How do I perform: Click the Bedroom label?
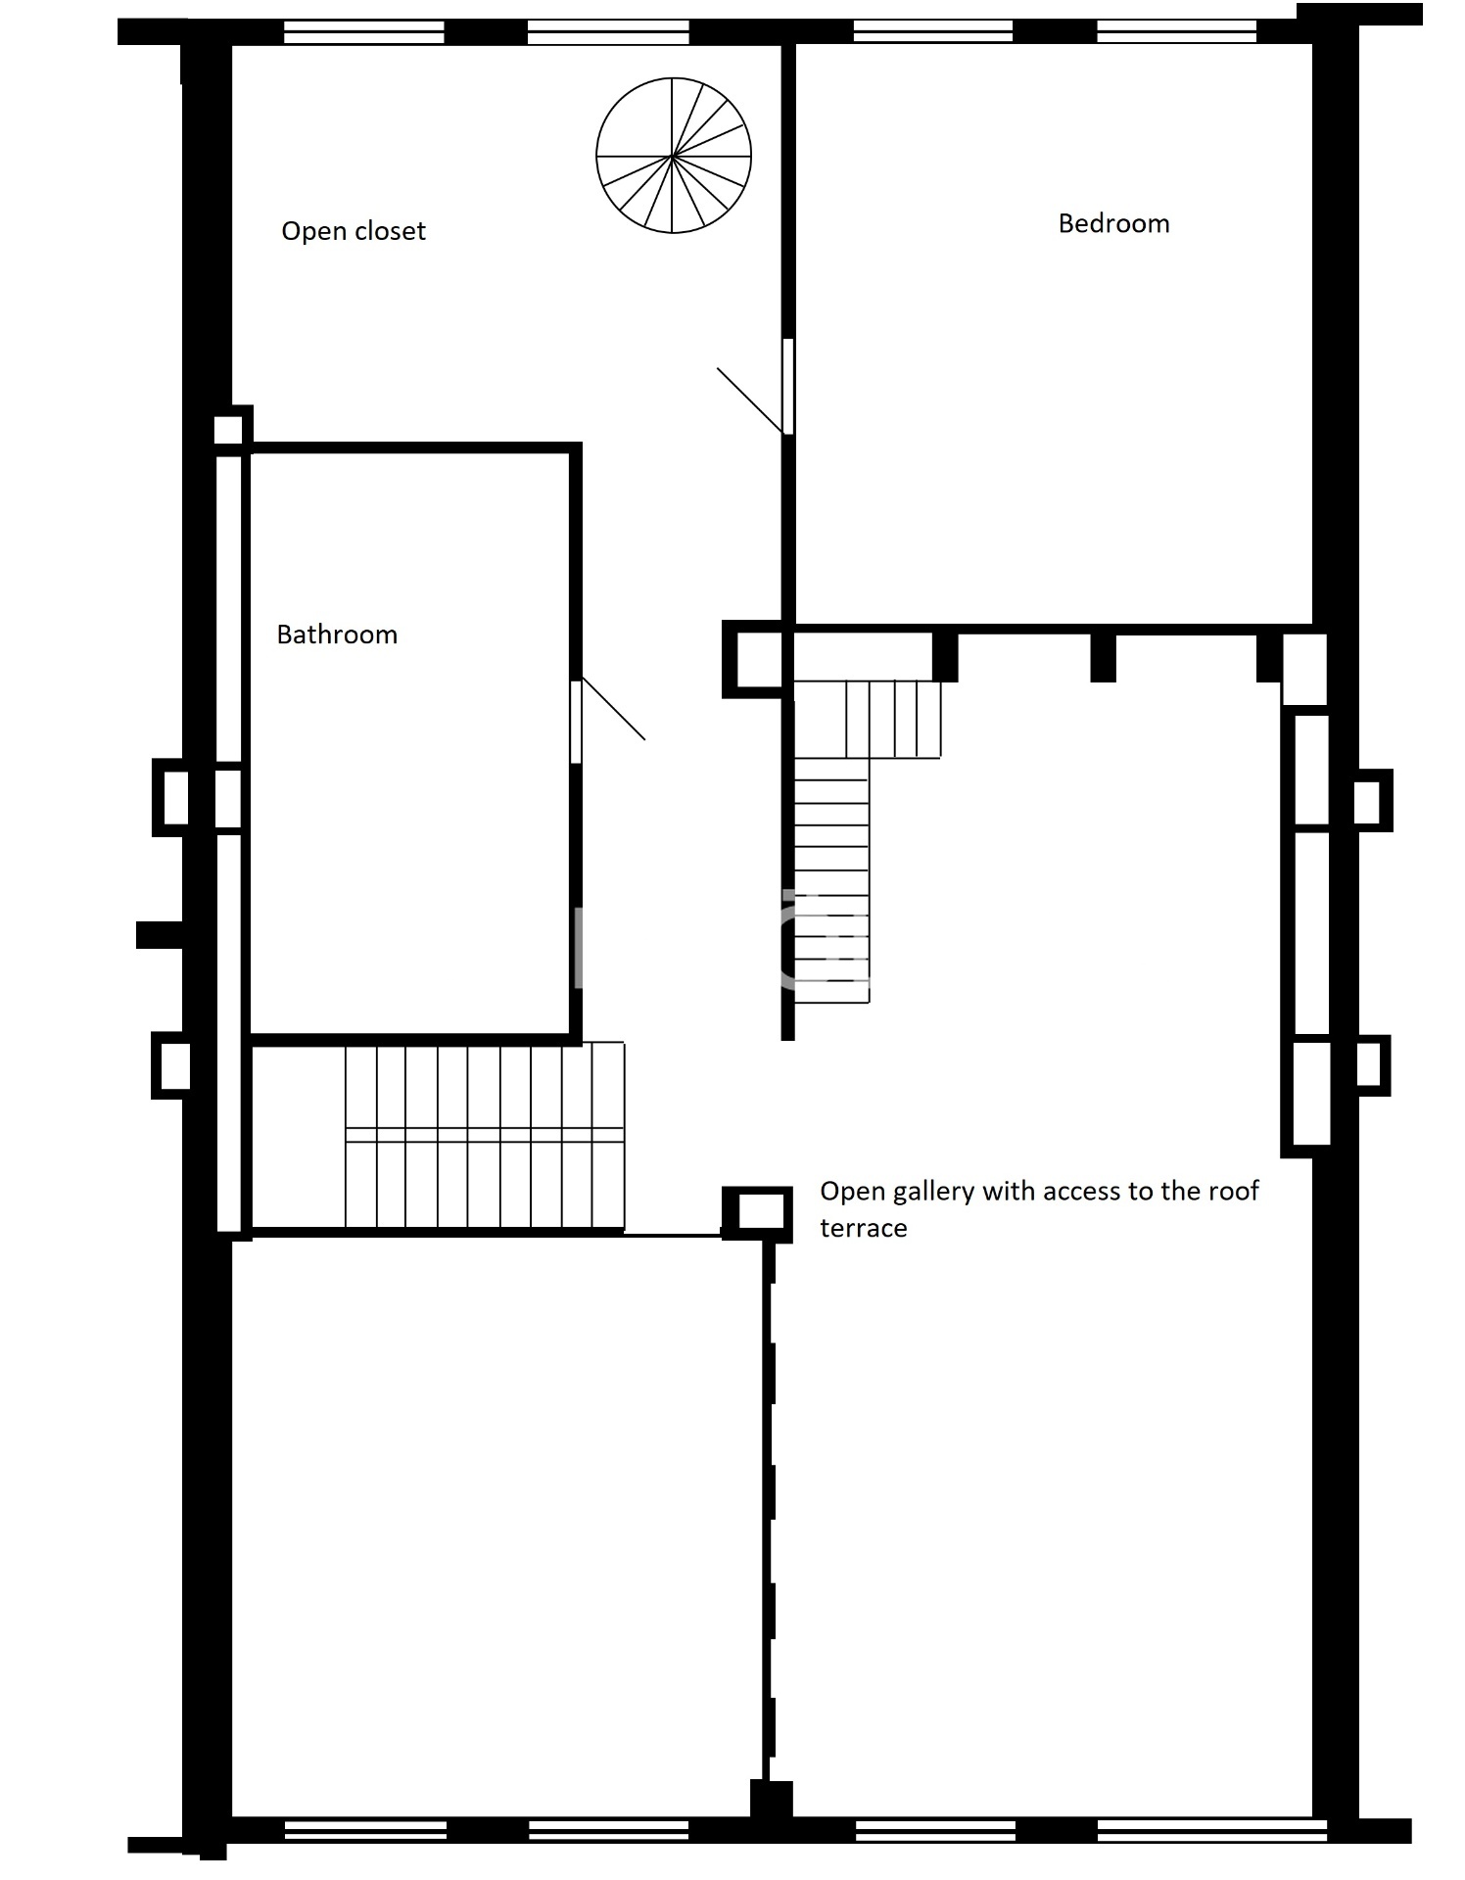(1113, 224)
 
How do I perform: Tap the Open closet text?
(354, 231)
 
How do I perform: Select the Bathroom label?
(337, 634)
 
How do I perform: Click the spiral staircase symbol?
(674, 156)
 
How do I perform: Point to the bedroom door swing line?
(750, 400)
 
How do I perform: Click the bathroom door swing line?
(613, 708)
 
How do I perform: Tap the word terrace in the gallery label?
(863, 1228)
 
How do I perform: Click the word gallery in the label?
(934, 1193)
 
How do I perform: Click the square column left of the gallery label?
(757, 1213)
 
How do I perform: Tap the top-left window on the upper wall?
(364, 32)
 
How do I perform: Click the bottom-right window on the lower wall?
(1211, 1828)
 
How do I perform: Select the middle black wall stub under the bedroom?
(1103, 657)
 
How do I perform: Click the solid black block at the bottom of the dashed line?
(771, 1800)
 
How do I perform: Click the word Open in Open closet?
(313, 232)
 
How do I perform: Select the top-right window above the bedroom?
(1175, 32)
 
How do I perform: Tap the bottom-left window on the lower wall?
(365, 1829)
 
